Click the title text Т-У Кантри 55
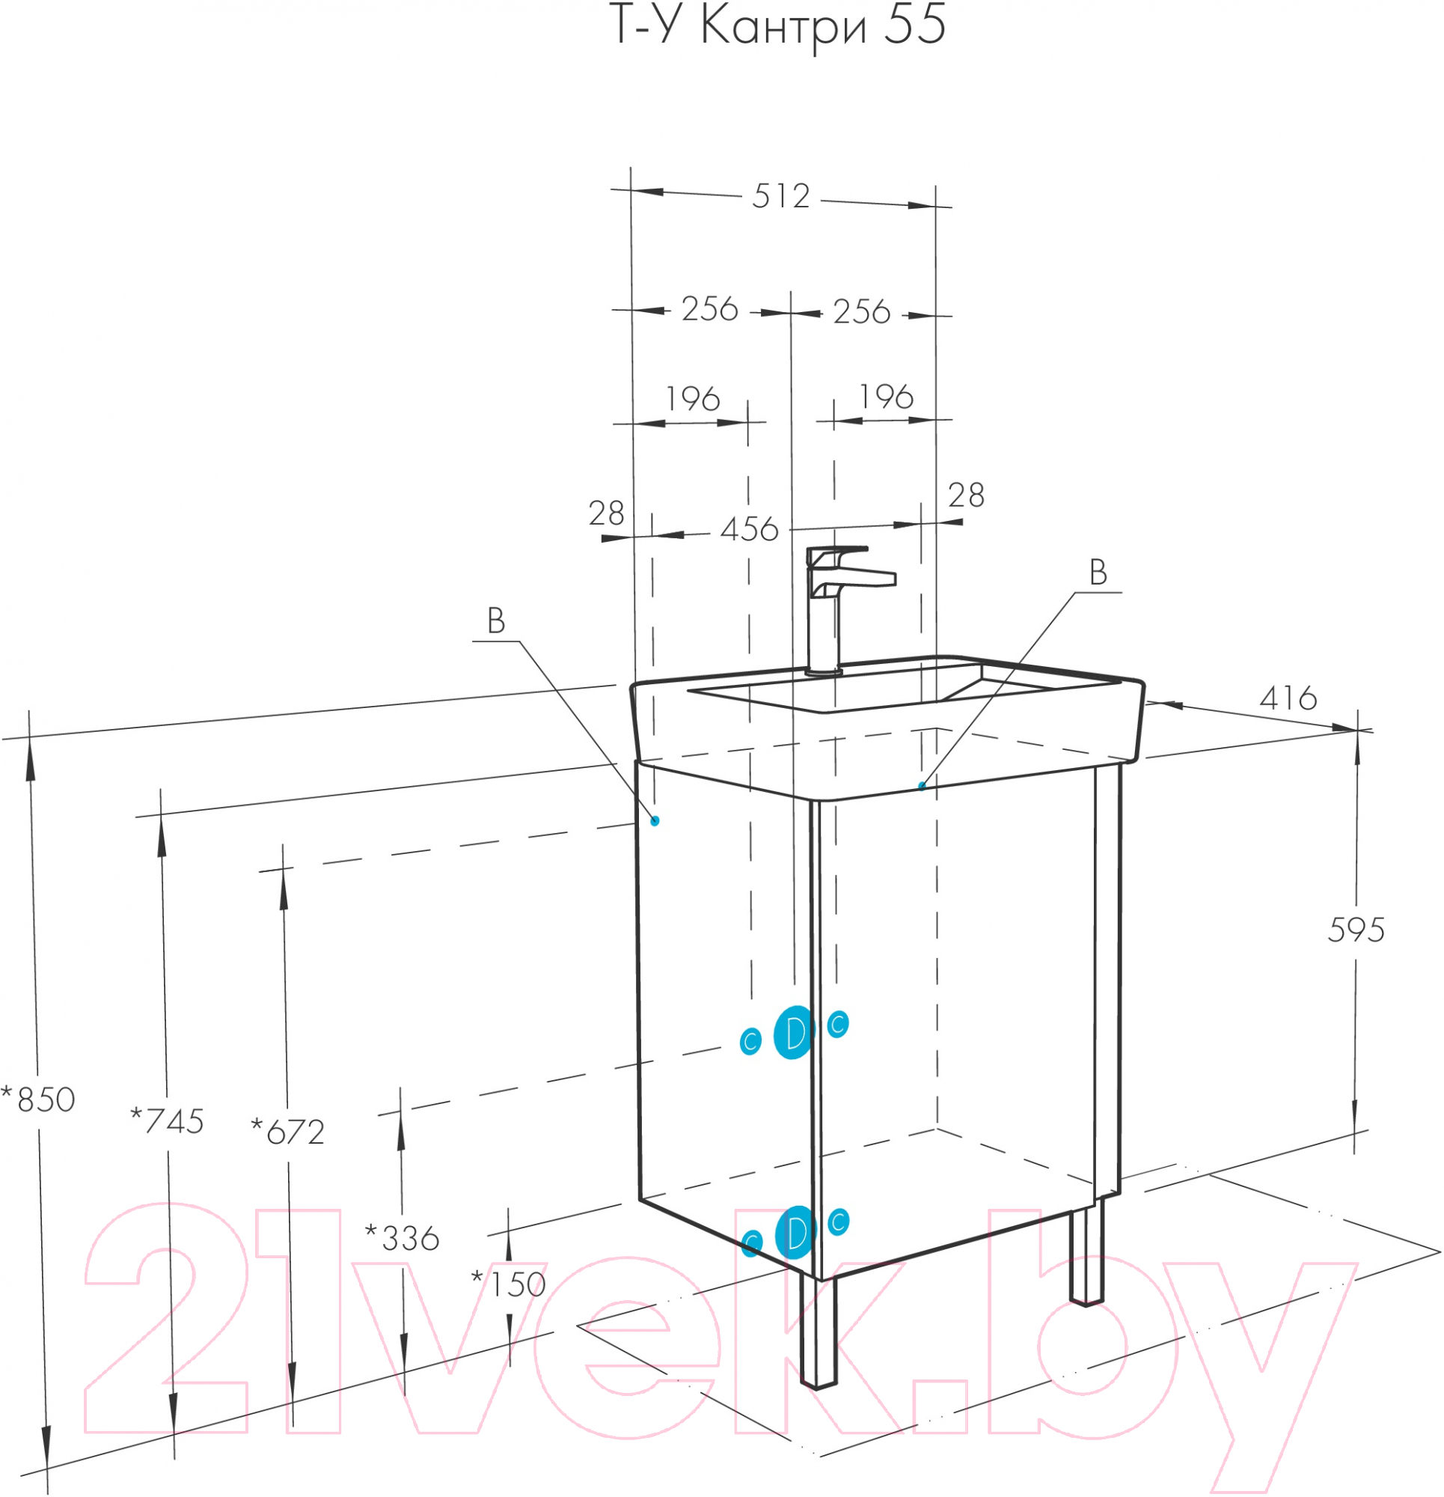coord(779,25)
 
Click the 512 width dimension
coord(780,196)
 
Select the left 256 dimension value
coord(709,309)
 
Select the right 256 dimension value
coord(861,311)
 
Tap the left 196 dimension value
coord(693,399)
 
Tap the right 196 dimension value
coord(886,397)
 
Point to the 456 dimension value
coord(749,529)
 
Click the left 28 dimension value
coord(606,513)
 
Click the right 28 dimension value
coord(966,496)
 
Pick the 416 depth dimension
coord(1288,698)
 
